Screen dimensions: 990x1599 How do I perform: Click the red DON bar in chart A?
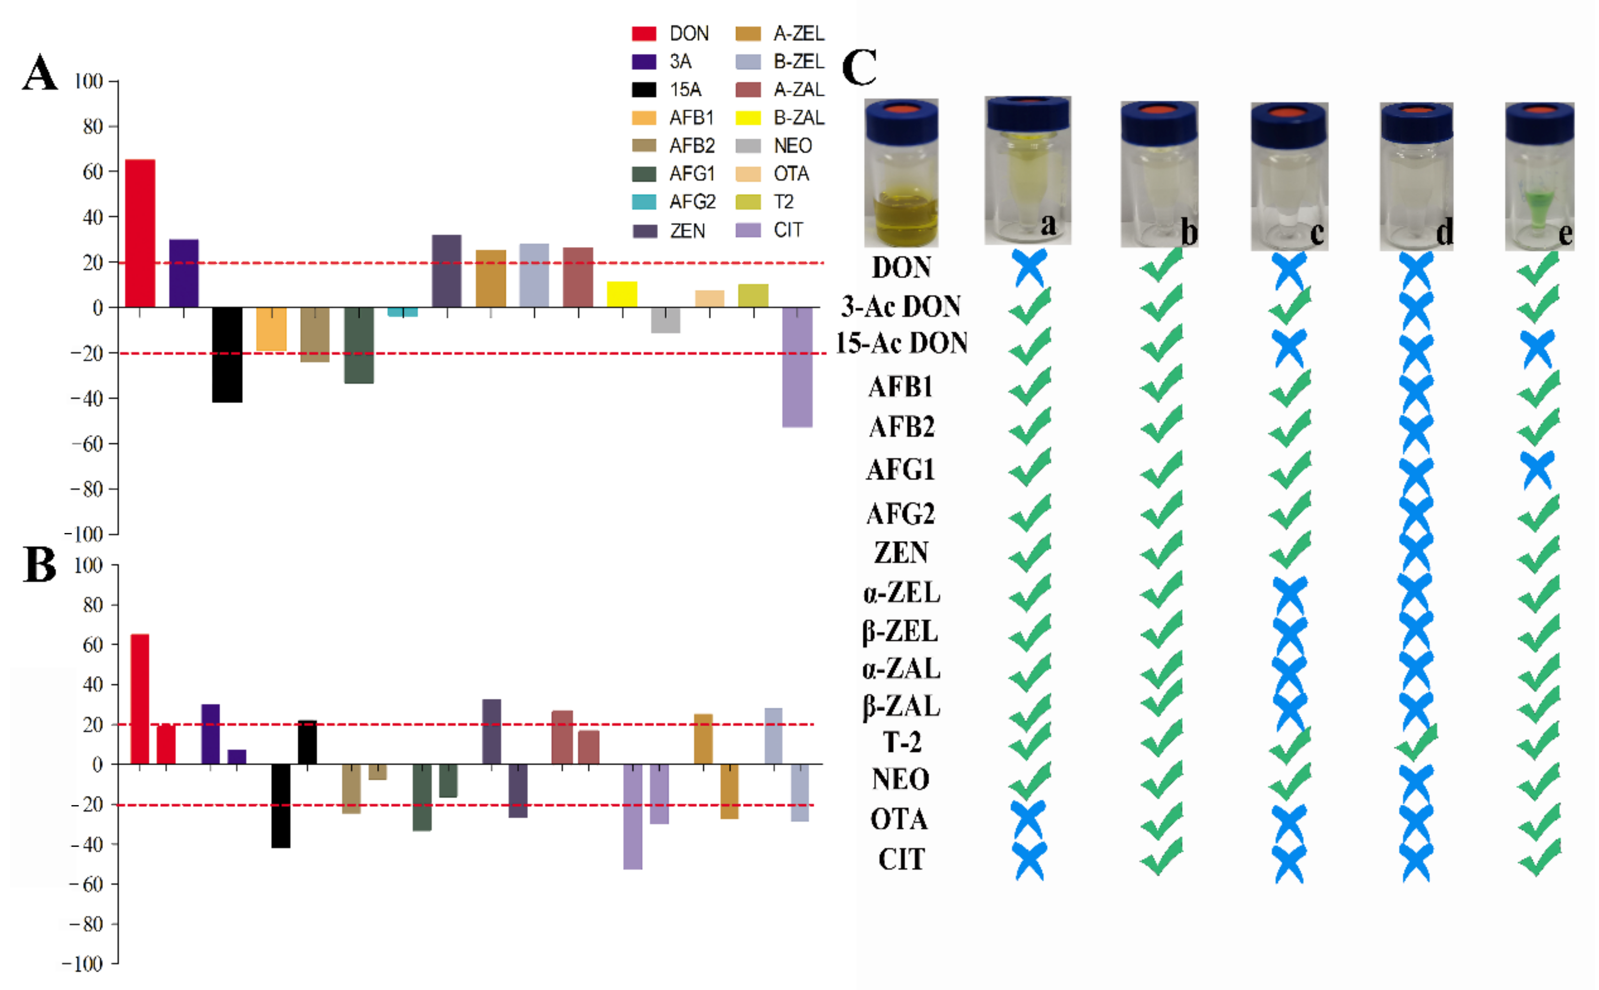[x=140, y=233]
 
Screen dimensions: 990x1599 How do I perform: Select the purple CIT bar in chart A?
[x=797, y=367]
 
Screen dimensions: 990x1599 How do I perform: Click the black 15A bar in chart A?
[x=227, y=354]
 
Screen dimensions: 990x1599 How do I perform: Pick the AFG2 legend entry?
[x=674, y=202]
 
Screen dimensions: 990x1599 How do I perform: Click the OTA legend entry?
[x=772, y=174]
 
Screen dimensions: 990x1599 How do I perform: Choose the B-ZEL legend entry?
[x=780, y=62]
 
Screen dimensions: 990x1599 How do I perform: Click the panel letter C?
[x=859, y=67]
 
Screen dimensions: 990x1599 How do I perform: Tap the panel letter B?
[x=39, y=564]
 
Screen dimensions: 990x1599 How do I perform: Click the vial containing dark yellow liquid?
[x=901, y=174]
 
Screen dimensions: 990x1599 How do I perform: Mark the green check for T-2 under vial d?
[x=1417, y=742]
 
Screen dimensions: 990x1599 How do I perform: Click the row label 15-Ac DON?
[x=901, y=343]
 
